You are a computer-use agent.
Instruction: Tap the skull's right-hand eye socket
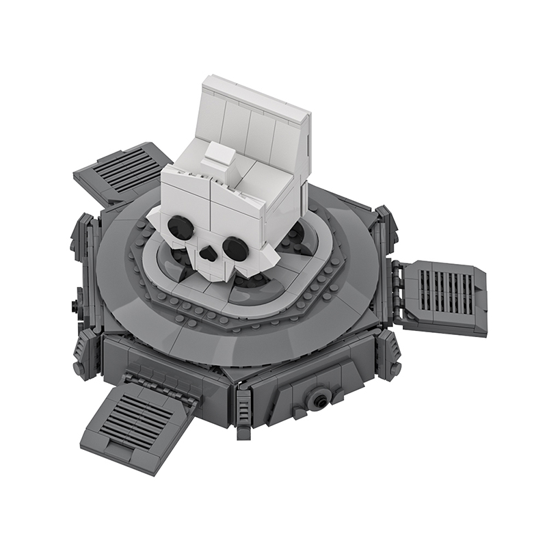pyautogui.click(x=235, y=248)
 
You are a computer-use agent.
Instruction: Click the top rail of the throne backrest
pyautogui.click(x=256, y=96)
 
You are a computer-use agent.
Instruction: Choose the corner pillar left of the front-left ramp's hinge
pyautogui.click(x=85, y=356)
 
